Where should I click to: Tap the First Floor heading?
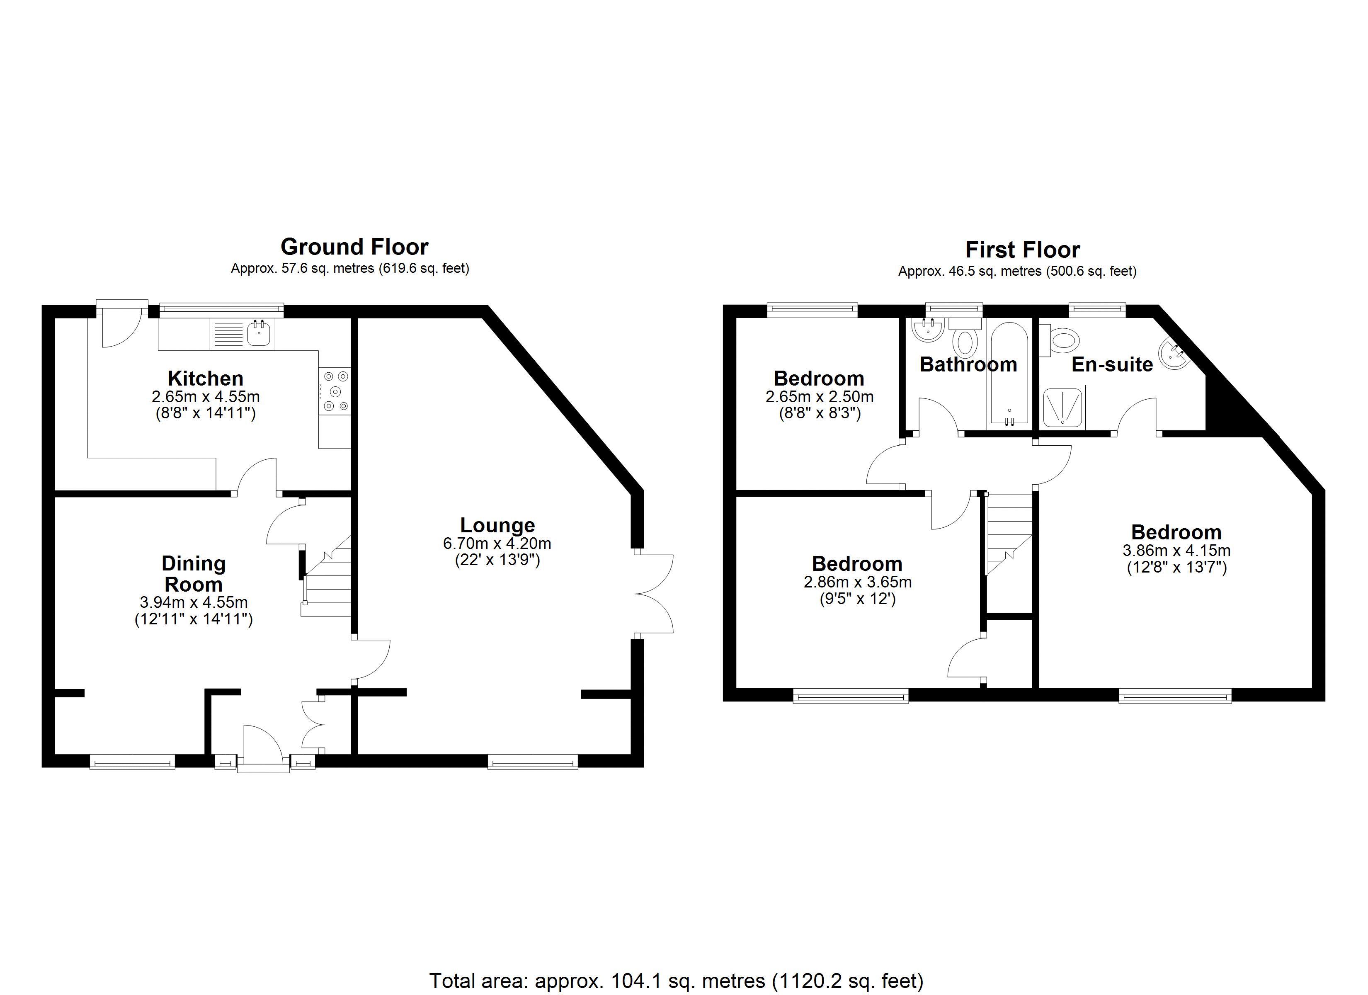pyautogui.click(x=1022, y=249)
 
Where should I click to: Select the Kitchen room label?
pyautogui.click(x=206, y=379)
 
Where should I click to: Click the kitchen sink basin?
pyautogui.click(x=259, y=334)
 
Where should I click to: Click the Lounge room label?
pyautogui.click(x=497, y=525)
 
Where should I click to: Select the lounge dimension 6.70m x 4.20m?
pyautogui.click(x=497, y=543)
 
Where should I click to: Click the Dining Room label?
pyautogui.click(x=194, y=574)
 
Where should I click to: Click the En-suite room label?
pyautogui.click(x=1112, y=364)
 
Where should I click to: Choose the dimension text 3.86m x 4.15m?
pyautogui.click(x=1176, y=550)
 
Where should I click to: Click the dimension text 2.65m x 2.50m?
pyautogui.click(x=819, y=396)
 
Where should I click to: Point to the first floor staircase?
pyautogui.click(x=1009, y=534)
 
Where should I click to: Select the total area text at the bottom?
pyautogui.click(x=676, y=980)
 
